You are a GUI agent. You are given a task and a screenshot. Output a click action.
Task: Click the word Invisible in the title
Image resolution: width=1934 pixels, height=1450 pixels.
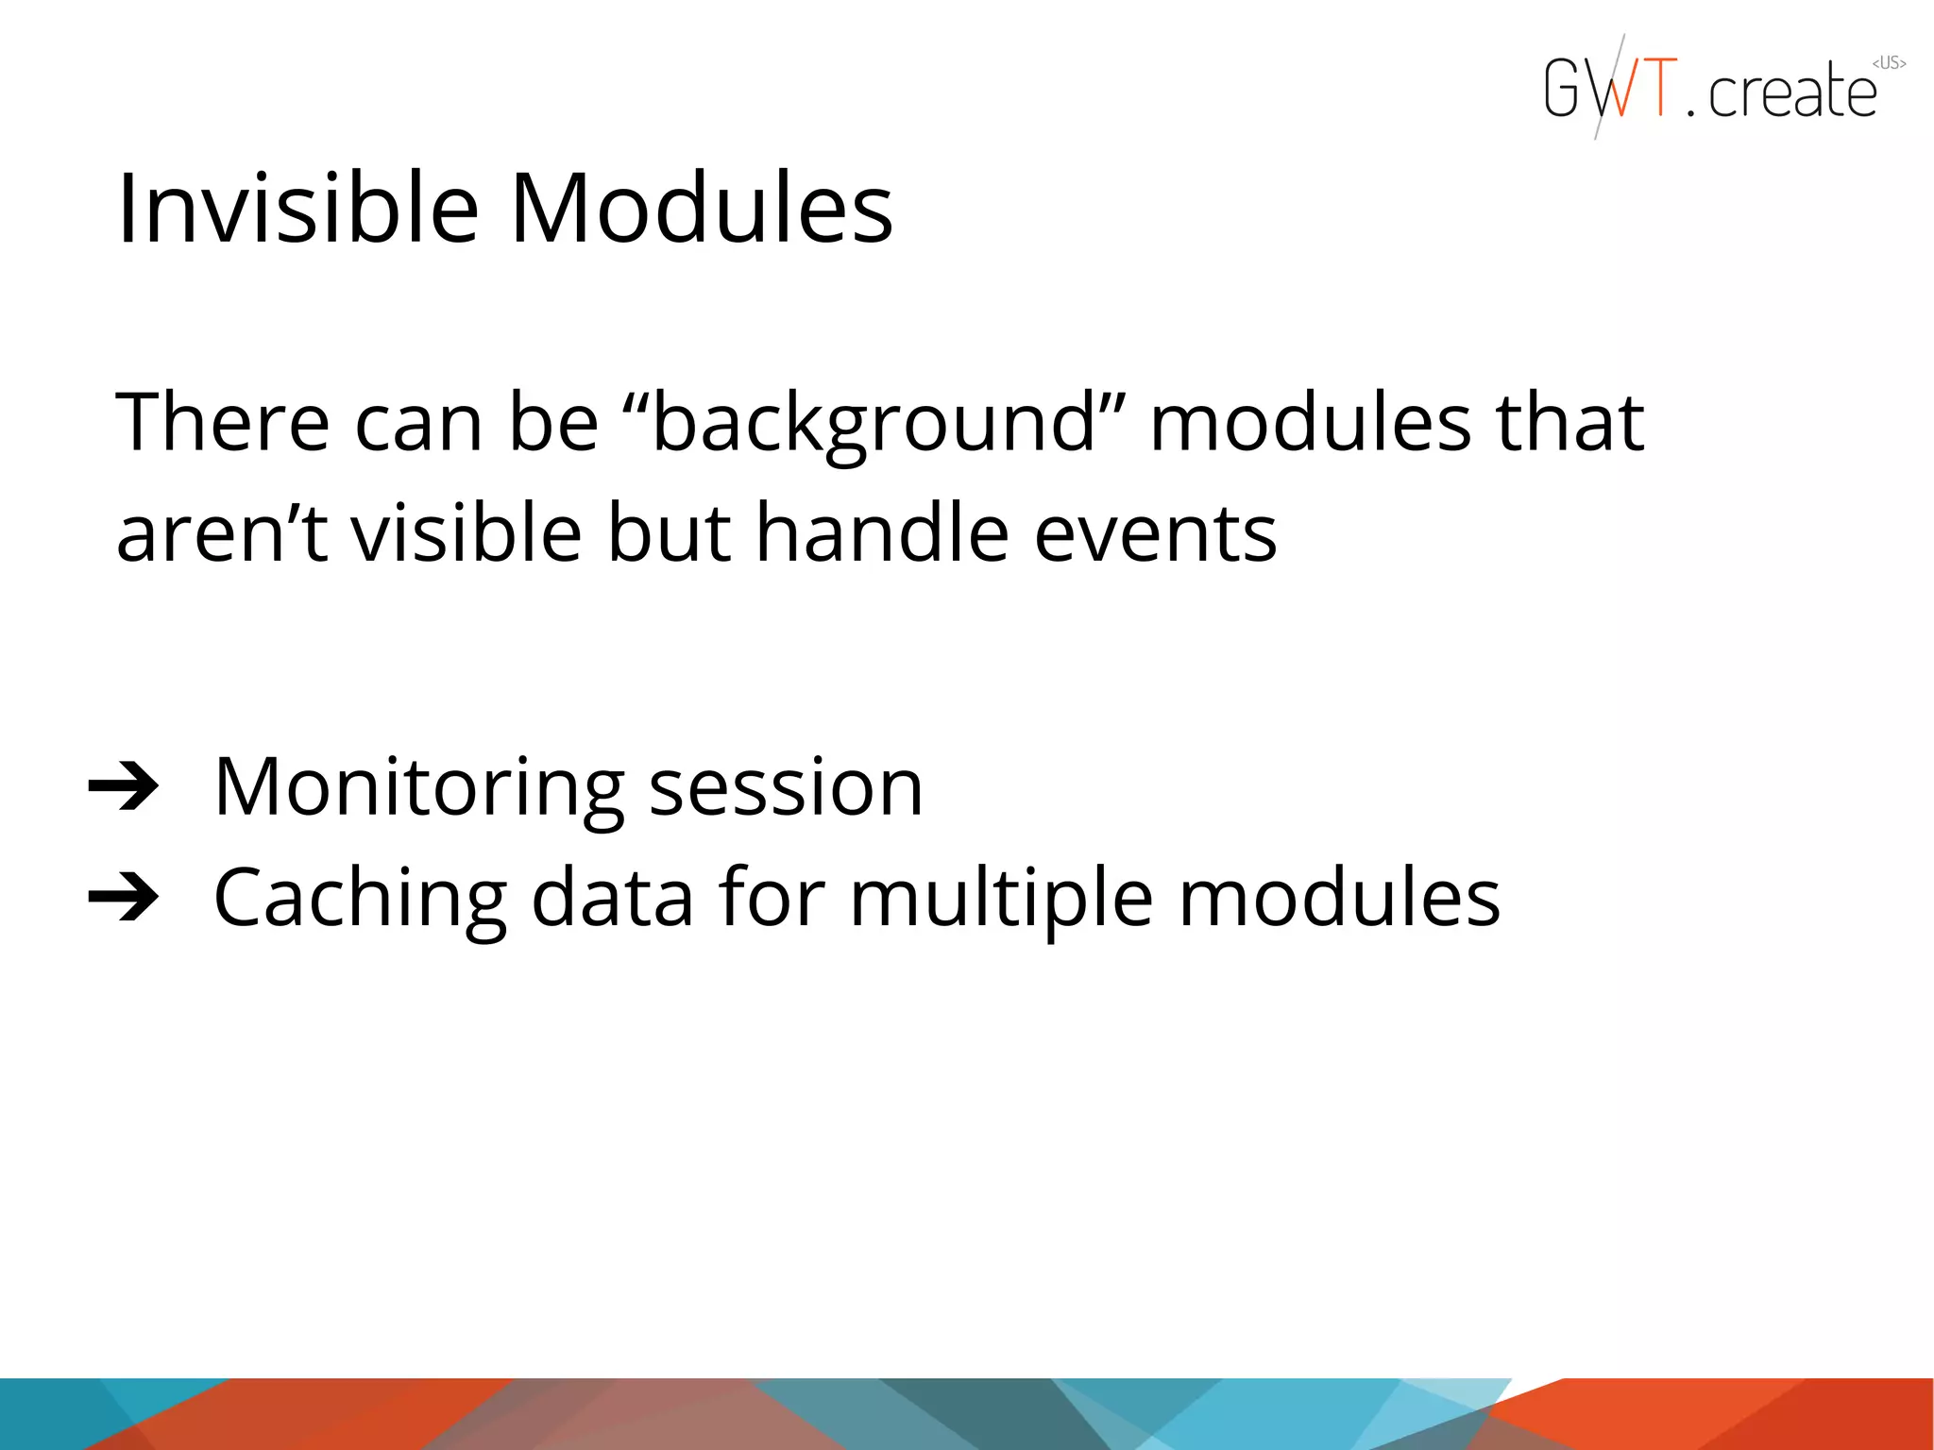(297, 209)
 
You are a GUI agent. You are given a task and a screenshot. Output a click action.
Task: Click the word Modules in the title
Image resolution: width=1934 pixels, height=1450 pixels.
(701, 209)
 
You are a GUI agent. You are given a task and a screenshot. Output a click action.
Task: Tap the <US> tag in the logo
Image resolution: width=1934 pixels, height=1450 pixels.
(1889, 63)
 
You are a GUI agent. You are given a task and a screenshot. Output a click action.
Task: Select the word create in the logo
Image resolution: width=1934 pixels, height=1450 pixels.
(1791, 93)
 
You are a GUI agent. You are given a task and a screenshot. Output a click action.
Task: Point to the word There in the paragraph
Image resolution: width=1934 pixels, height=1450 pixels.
(223, 422)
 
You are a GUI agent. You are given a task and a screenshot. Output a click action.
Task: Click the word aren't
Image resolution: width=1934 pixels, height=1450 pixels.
(221, 533)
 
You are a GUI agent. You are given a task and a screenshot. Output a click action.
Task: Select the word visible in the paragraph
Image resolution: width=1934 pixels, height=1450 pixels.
(467, 533)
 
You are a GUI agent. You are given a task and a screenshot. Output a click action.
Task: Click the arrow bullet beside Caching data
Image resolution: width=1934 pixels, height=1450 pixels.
(124, 897)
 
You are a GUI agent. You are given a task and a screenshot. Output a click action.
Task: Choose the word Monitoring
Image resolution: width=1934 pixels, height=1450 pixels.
(419, 788)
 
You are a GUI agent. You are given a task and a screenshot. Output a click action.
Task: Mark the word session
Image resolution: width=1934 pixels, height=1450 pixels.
(786, 788)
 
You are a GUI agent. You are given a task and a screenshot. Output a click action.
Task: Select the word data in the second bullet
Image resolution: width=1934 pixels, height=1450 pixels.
(613, 898)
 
